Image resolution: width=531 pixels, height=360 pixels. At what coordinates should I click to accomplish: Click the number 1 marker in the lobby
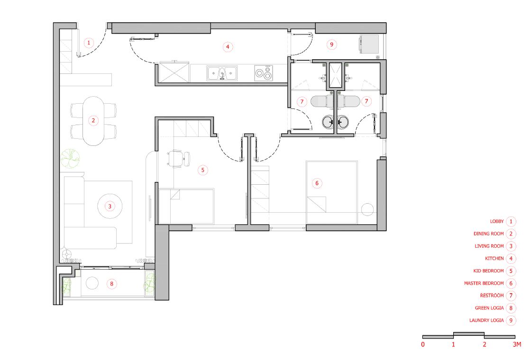coord(89,43)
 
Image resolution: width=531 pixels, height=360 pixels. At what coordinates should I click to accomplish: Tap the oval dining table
coord(93,121)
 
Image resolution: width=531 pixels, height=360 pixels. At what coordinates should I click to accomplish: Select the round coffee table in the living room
coord(110,206)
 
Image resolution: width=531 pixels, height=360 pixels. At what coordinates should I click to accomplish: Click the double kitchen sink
coord(222,73)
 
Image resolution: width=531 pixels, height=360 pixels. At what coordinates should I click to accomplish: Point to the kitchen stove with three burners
coord(264,73)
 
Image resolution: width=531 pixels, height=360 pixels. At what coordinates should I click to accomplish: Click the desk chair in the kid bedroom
coord(178,159)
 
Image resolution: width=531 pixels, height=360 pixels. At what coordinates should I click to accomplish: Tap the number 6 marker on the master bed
coord(317,183)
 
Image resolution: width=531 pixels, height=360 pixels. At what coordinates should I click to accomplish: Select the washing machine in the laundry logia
coord(369,45)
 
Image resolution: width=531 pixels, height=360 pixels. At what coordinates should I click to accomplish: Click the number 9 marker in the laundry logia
coord(331,45)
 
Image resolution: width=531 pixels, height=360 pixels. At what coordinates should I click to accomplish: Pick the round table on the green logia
coord(92,283)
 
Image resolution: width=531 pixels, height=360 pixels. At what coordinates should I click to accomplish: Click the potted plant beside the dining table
coord(70,158)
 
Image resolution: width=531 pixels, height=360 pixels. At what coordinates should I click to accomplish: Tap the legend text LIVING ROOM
coord(489,246)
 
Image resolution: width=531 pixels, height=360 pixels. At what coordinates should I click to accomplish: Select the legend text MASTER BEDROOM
coord(484,283)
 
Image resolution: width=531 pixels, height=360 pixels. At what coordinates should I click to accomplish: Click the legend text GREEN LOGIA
coord(489,308)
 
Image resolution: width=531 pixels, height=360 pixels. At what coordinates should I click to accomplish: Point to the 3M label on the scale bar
coord(517,344)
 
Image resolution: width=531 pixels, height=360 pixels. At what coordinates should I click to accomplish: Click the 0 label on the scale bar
coord(422,344)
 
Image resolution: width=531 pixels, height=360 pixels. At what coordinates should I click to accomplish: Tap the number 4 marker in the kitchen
coord(228,47)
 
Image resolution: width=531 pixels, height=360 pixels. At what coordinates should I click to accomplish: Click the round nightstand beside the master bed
coord(367,209)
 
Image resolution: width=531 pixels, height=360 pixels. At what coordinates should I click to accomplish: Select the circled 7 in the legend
coord(511,296)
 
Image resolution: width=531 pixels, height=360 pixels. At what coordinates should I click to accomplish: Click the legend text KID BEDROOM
coord(489,270)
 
